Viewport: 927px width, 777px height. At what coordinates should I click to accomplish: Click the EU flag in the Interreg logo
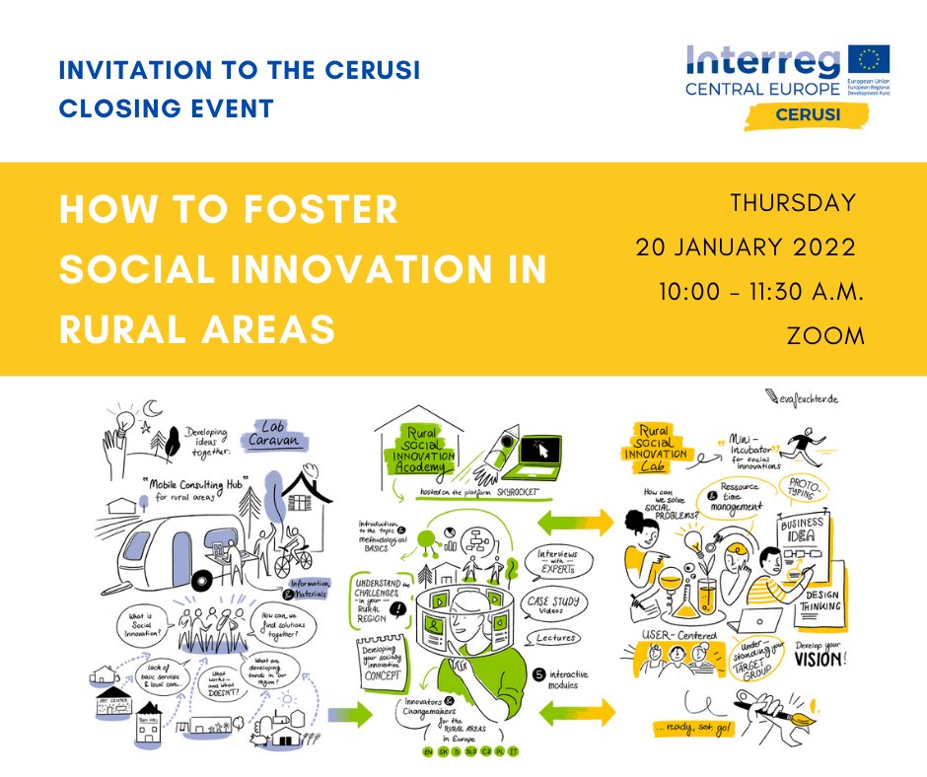tap(868, 62)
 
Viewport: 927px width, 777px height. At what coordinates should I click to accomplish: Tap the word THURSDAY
tap(793, 204)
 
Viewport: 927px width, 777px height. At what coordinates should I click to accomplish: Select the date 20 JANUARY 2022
tap(746, 247)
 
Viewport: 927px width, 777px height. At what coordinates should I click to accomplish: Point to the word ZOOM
tap(825, 335)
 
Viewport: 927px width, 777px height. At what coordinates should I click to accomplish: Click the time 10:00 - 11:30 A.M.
tap(761, 292)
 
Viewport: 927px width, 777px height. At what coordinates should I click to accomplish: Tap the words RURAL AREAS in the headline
tap(197, 329)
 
